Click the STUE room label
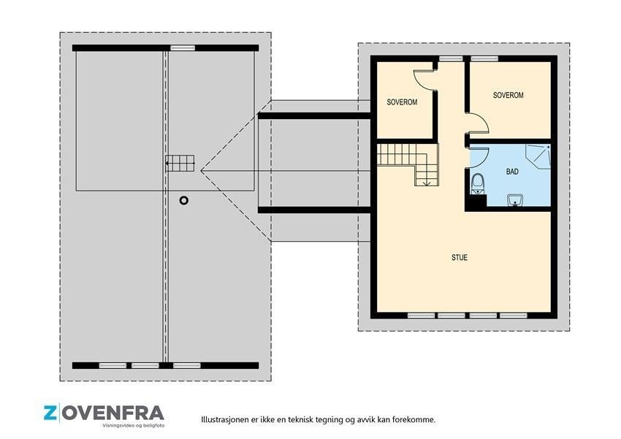click(460, 257)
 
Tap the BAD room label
click(512, 172)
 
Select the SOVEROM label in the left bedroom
click(402, 102)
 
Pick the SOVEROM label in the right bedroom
click(508, 95)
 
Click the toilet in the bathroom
click(478, 184)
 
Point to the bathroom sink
click(515, 200)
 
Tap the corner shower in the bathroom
click(538, 154)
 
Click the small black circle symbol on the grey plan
click(184, 200)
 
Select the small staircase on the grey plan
click(180, 163)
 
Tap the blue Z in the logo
click(50, 413)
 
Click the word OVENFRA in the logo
click(113, 413)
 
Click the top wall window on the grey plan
click(183, 48)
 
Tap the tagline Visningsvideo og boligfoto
click(134, 426)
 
